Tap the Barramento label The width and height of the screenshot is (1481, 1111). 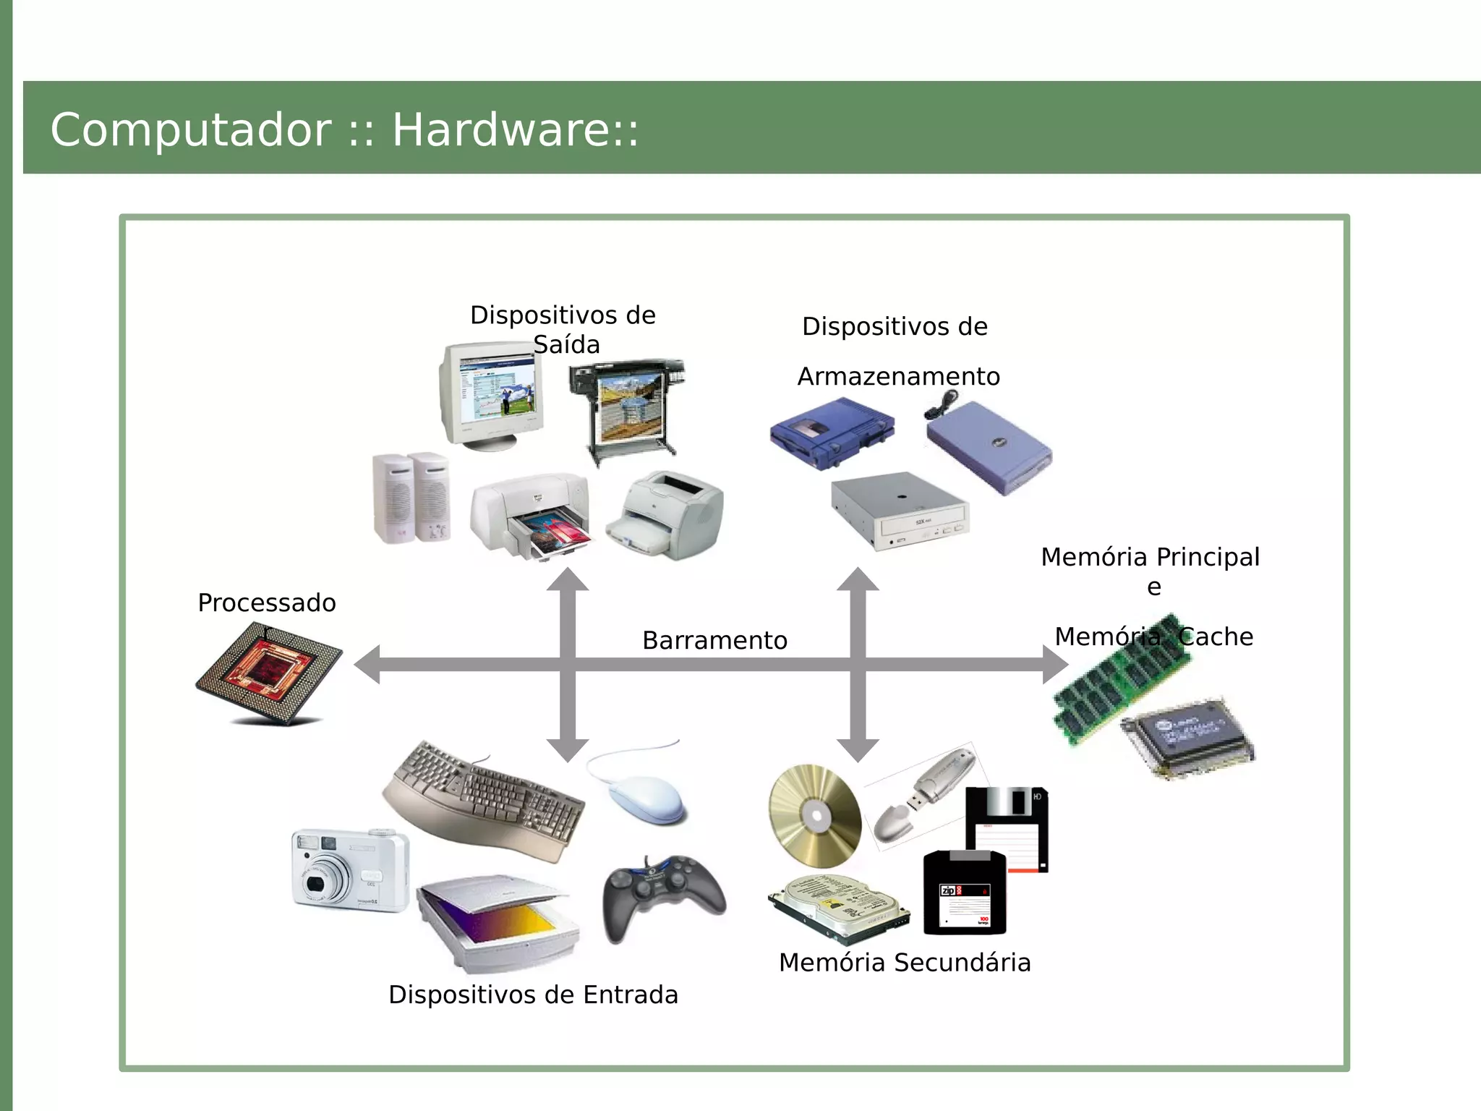(714, 641)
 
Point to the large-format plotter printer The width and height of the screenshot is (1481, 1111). (626, 409)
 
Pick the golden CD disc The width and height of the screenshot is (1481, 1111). (814, 816)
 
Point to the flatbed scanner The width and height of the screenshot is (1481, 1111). (498, 923)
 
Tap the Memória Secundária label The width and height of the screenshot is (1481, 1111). (905, 963)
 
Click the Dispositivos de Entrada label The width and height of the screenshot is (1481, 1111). (533, 995)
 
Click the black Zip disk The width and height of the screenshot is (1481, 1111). (965, 893)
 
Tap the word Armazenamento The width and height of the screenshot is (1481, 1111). (898, 377)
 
